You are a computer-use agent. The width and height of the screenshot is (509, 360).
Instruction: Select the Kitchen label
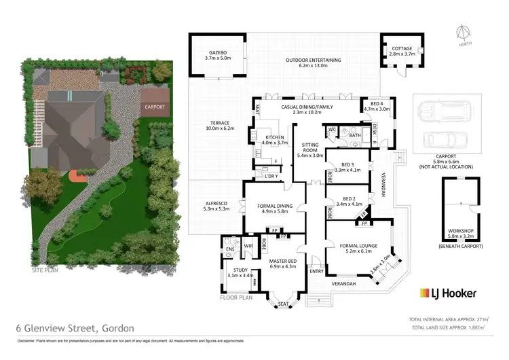pos(275,139)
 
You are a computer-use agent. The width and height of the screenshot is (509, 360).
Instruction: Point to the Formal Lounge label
pos(360,247)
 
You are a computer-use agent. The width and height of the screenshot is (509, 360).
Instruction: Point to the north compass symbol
pos(464,33)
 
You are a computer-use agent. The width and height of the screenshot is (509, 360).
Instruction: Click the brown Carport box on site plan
pos(153,107)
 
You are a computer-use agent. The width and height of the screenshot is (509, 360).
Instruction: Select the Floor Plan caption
pos(237,298)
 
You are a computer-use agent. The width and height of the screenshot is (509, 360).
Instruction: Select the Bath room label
pos(355,134)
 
